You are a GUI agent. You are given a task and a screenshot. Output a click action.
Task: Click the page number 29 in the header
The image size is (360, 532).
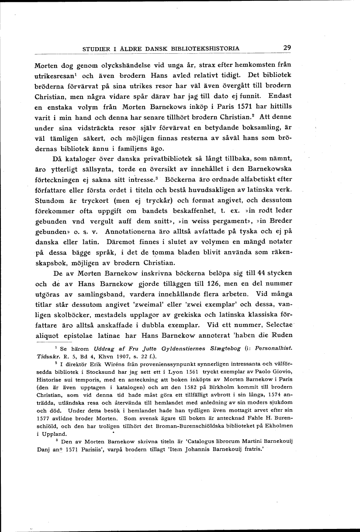[x=287, y=48]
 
